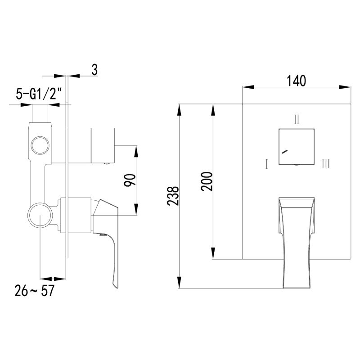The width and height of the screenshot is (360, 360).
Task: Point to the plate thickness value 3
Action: [94, 70]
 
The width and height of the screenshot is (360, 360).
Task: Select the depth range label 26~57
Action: [34, 291]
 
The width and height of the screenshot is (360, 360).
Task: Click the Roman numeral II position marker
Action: [297, 120]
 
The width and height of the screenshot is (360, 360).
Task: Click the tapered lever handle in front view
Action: [296, 238]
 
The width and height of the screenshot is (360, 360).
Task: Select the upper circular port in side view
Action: [40, 145]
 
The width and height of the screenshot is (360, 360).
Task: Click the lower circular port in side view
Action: [40, 215]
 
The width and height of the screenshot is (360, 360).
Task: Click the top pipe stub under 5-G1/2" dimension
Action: [40, 114]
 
